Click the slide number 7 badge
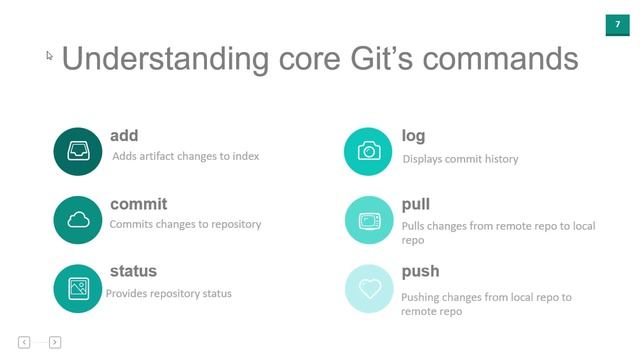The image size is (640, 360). click(617, 24)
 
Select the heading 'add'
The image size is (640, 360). click(124, 136)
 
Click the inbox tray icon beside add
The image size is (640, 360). click(78, 152)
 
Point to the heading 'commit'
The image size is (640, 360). click(138, 204)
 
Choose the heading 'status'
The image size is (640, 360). click(133, 271)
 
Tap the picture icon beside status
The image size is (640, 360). click(78, 288)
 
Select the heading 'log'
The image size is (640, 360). click(413, 136)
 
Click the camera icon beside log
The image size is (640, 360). click(369, 152)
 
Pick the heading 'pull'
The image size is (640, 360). click(415, 204)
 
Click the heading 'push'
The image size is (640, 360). click(420, 271)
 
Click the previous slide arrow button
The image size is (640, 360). click(24, 342)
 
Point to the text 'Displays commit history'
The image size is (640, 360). click(460, 159)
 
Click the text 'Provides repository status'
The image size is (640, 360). click(169, 294)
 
